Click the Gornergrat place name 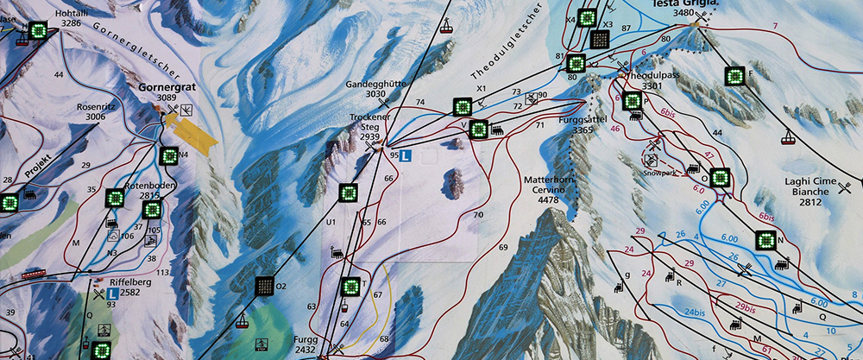pos(166,88)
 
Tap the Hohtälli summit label pos(71,13)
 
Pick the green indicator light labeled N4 pos(169,156)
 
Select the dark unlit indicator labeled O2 pos(264,286)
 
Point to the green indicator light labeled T pos(350,287)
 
